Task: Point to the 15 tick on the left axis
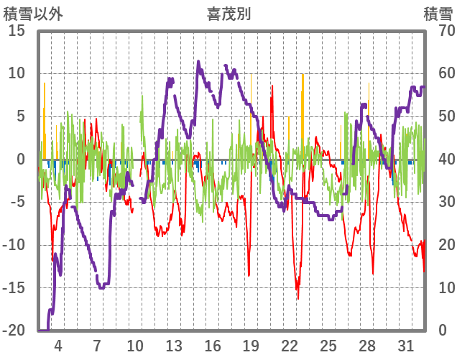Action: [16, 31]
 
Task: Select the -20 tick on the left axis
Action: [14, 331]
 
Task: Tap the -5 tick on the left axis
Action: [17, 202]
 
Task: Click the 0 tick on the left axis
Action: [21, 160]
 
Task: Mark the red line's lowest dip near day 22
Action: [297, 298]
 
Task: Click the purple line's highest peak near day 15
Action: [198, 62]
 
